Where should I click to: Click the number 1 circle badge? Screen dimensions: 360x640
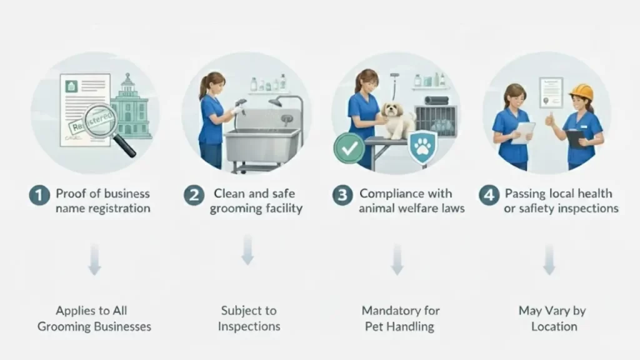(x=39, y=195)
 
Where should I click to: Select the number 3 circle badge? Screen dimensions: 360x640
(x=342, y=195)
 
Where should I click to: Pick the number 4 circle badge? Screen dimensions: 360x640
(x=489, y=195)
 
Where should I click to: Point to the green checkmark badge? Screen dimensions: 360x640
(x=348, y=147)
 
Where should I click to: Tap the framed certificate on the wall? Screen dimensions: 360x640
(x=551, y=91)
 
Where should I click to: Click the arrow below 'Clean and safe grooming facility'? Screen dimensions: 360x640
(x=247, y=250)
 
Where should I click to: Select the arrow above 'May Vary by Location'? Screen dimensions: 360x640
(x=549, y=260)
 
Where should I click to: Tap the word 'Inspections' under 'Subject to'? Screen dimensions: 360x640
(x=249, y=326)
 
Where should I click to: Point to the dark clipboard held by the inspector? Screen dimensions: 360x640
(x=574, y=138)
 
